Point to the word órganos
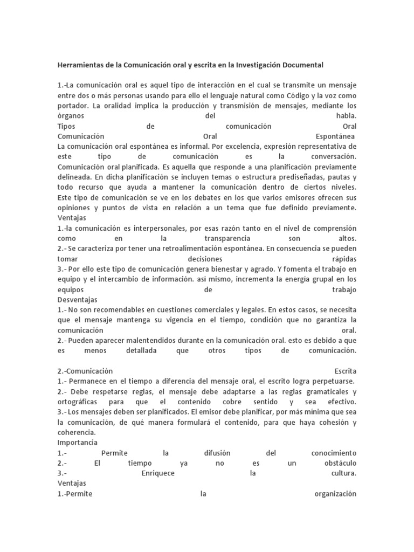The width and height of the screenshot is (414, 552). (x=71, y=116)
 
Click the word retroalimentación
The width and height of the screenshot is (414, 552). (x=188, y=248)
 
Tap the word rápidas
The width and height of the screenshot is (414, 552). (x=343, y=258)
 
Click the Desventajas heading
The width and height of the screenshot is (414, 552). (x=77, y=299)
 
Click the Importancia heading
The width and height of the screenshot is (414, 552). (x=77, y=443)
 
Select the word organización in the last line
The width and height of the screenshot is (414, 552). (x=334, y=494)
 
